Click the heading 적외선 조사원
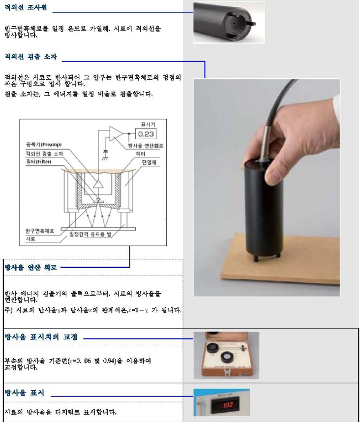pyautogui.click(x=25, y=8)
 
